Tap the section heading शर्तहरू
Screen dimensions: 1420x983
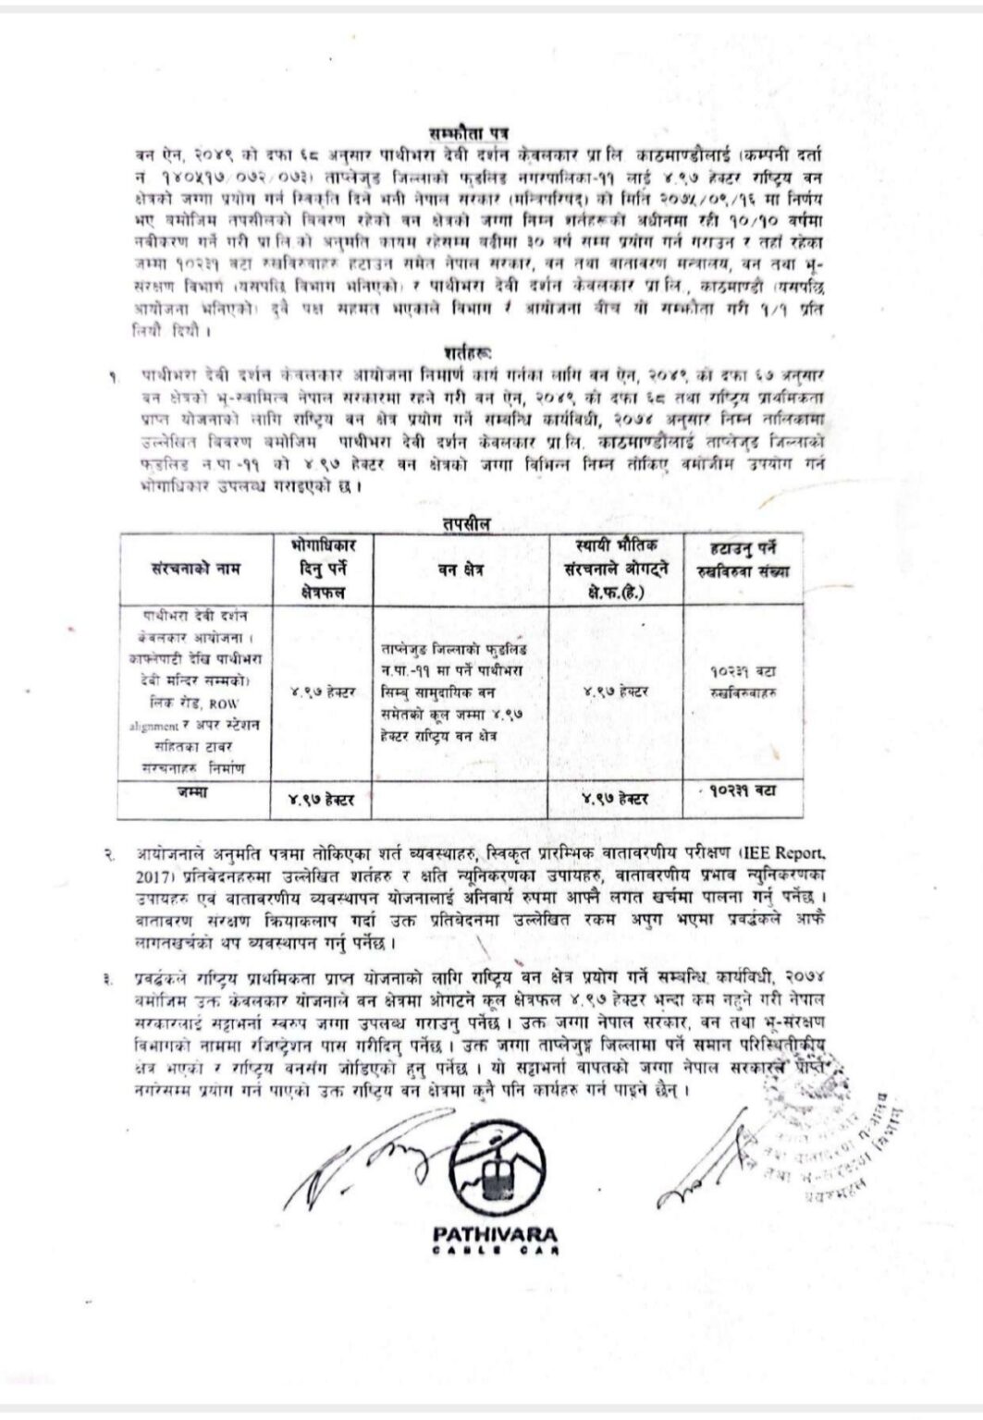click(467, 352)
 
